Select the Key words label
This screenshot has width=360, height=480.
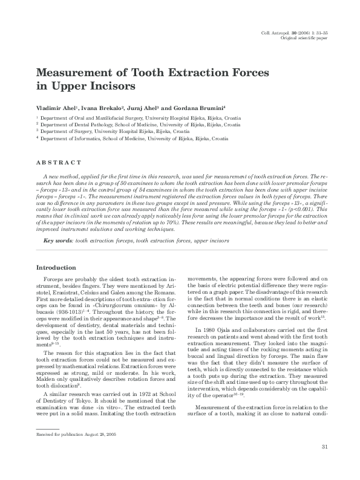[58, 241]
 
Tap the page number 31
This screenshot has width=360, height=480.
[324, 464]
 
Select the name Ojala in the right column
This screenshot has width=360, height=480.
[227, 329]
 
